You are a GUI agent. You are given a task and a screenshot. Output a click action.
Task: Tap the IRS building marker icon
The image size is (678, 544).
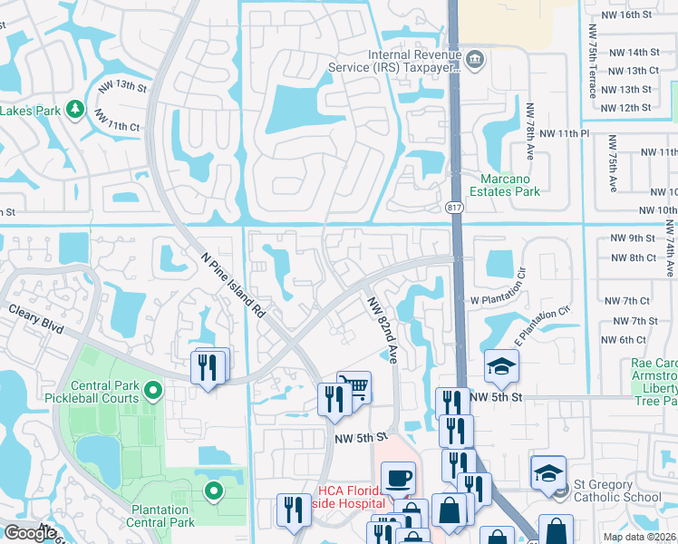pyautogui.click(x=475, y=60)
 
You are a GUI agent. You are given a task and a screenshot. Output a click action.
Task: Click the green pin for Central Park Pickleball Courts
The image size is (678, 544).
pyautogui.click(x=153, y=392)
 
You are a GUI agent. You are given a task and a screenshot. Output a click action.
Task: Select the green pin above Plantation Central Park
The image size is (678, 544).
pyautogui.click(x=214, y=492)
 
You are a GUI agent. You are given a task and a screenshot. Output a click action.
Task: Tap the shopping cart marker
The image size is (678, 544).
pyautogui.click(x=354, y=387)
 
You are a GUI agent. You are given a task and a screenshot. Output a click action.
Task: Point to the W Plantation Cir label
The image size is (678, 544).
pyautogui.click(x=498, y=300)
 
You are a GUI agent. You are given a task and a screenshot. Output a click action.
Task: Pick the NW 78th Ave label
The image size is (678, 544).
pyautogui.click(x=531, y=132)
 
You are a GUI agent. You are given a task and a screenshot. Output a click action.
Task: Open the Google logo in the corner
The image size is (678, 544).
pyautogui.click(x=30, y=533)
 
